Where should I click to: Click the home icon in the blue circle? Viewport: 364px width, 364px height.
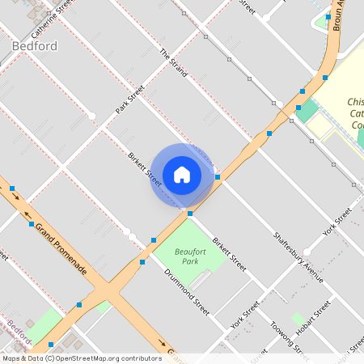(x=182, y=175)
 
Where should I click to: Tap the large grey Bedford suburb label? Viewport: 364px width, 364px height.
(x=36, y=46)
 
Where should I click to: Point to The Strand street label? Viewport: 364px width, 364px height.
(x=173, y=63)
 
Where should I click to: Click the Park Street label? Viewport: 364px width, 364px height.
(x=129, y=99)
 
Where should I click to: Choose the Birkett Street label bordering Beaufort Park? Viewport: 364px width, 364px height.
(x=229, y=252)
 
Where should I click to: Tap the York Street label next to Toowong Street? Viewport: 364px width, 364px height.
(x=244, y=315)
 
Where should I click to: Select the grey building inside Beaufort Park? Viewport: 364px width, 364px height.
(x=201, y=280)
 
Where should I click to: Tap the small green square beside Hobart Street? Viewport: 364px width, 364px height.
(x=297, y=319)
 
